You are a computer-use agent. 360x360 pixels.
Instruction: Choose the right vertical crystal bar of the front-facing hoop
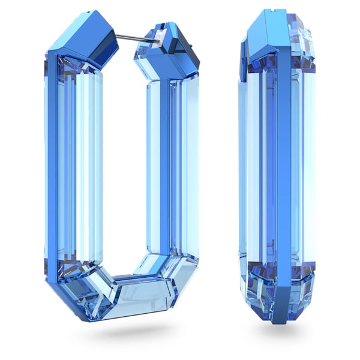click(168, 174)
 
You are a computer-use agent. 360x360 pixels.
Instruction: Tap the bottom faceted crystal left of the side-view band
click(258, 288)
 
